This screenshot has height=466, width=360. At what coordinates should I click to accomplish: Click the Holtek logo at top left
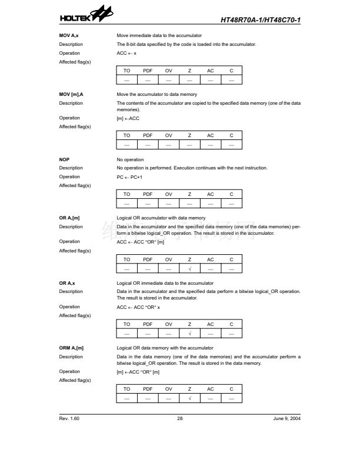(84, 19)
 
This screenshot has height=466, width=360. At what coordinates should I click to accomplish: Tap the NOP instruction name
(64, 159)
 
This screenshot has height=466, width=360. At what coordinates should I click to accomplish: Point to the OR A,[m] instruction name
(69, 218)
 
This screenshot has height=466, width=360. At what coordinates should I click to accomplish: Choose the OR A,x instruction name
(67, 283)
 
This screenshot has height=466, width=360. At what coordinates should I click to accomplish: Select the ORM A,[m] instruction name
(71, 348)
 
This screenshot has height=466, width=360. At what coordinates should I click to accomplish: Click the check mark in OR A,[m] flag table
(189, 269)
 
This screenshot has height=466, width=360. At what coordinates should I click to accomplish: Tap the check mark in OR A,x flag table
(189, 334)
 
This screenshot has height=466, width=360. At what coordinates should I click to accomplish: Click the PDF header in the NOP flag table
(148, 194)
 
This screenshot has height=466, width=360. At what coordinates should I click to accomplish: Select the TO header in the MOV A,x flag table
(126, 71)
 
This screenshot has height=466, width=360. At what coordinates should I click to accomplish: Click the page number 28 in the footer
(179, 418)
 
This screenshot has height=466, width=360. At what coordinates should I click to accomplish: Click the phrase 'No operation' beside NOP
(130, 159)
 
